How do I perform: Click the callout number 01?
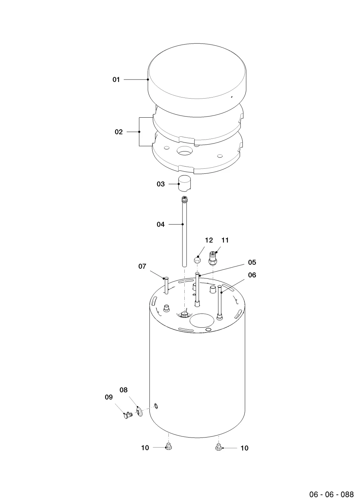116,80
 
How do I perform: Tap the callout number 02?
119,132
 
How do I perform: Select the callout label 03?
161,184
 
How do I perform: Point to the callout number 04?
161,224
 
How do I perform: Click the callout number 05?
252,262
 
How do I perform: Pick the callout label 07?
142,266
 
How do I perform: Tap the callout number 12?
209,240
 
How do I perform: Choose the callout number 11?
225,240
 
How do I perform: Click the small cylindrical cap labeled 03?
184,183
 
